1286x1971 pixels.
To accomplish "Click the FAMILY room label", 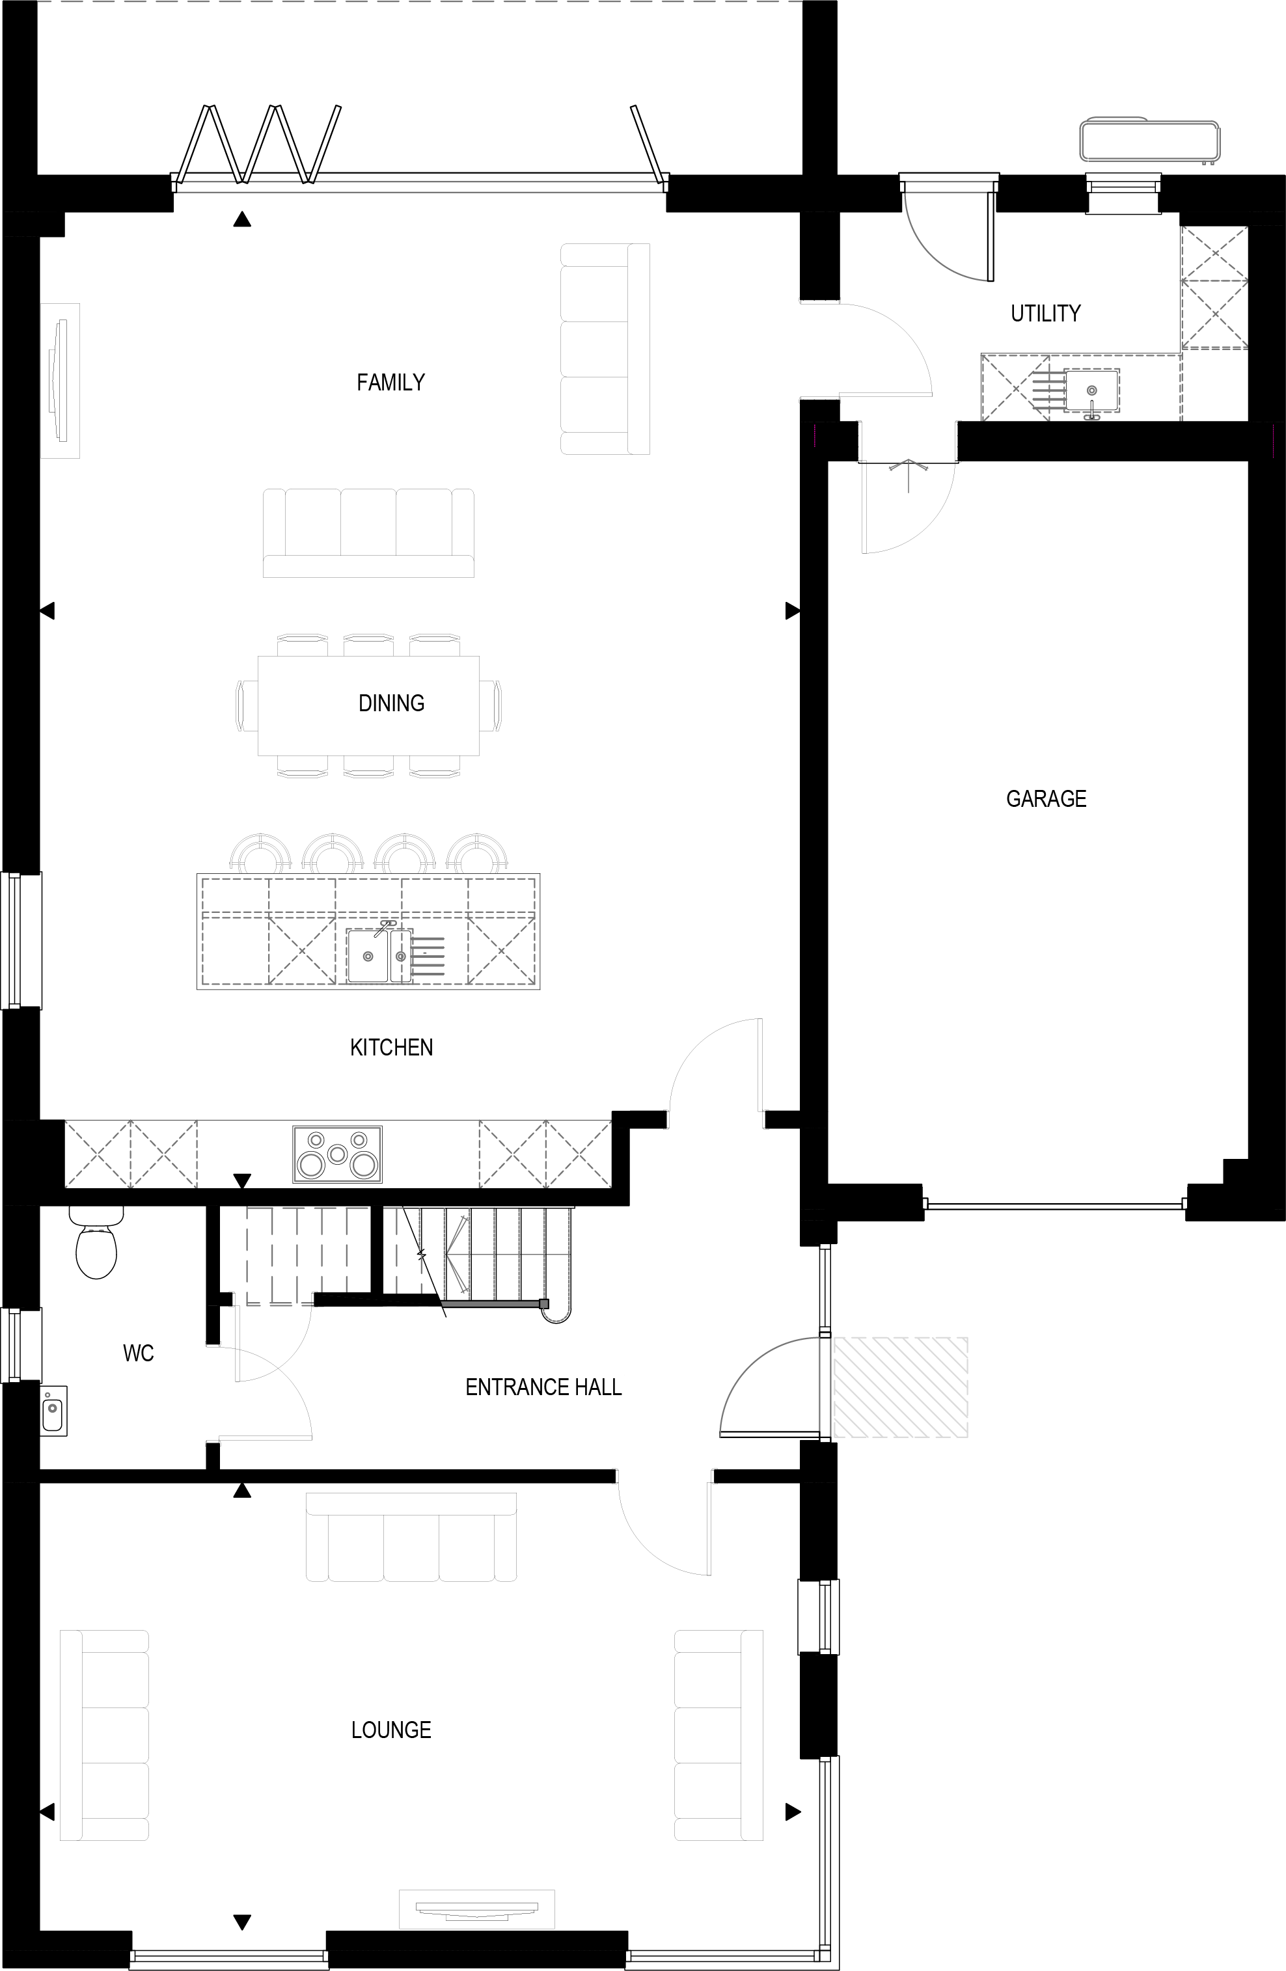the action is click(391, 382).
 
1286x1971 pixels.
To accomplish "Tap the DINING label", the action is click(391, 703).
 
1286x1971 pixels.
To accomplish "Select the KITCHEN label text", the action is click(391, 1048).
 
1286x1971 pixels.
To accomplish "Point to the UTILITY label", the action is click(1046, 313).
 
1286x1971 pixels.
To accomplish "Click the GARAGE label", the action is click(1046, 798).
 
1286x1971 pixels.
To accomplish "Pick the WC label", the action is click(138, 1353).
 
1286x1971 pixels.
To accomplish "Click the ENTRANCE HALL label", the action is click(543, 1387).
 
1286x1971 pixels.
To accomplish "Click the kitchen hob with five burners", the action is click(337, 1154).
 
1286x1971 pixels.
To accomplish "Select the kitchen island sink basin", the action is click(374, 957).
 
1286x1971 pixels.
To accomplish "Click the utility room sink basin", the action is click(1092, 390).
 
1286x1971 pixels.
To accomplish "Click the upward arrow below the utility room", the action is click(909, 474).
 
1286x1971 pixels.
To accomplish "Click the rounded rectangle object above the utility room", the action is click(1149, 141).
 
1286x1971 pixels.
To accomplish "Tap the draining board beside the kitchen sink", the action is click(428, 957).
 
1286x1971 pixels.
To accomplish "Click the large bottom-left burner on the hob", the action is click(311, 1165).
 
